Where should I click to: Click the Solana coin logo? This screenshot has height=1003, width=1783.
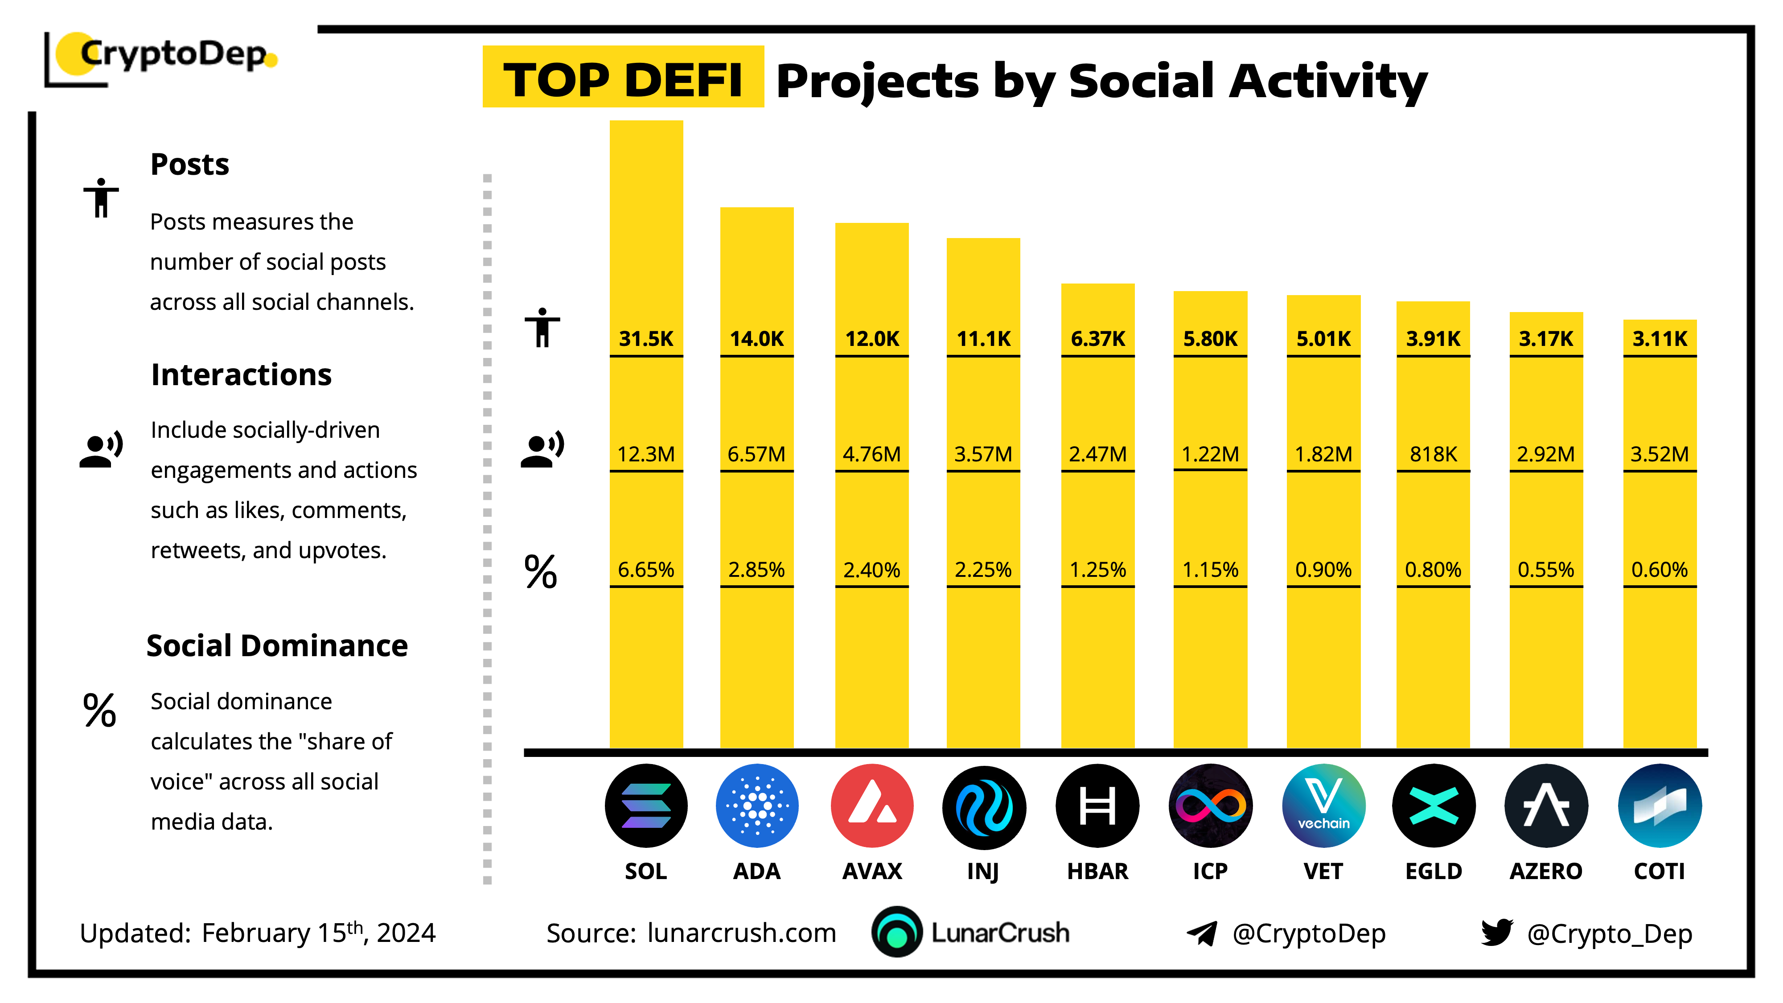[646, 805]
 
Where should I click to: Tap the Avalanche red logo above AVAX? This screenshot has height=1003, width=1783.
[871, 805]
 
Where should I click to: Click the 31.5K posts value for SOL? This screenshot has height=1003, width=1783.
[646, 338]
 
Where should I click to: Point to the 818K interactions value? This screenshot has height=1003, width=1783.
[1433, 454]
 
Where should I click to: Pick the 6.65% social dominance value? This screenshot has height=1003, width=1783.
[646, 570]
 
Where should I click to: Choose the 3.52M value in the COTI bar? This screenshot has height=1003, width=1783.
[1659, 454]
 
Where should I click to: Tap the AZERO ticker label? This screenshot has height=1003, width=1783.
[1545, 871]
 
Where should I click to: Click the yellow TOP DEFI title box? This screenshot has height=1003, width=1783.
[623, 78]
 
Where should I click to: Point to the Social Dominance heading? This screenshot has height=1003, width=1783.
[277, 646]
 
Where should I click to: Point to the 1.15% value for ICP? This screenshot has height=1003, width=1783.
[1210, 570]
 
